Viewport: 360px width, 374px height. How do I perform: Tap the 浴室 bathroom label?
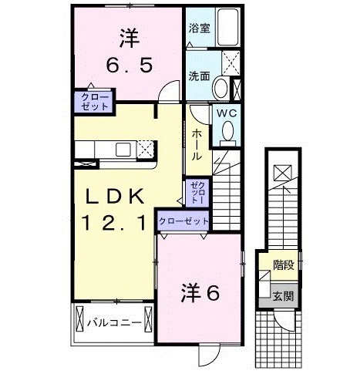pos(200,29)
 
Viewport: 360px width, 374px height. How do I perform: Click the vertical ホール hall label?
pos(197,144)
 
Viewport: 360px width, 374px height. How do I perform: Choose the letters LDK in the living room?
pos(114,197)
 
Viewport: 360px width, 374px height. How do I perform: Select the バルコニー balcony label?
pos(113,321)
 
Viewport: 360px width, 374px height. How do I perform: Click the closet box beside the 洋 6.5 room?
pos(92,100)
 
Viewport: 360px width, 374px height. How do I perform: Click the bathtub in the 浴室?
pos(229,29)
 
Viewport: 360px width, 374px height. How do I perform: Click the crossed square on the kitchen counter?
pos(147,148)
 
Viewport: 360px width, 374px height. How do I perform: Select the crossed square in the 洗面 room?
pos(230,61)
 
